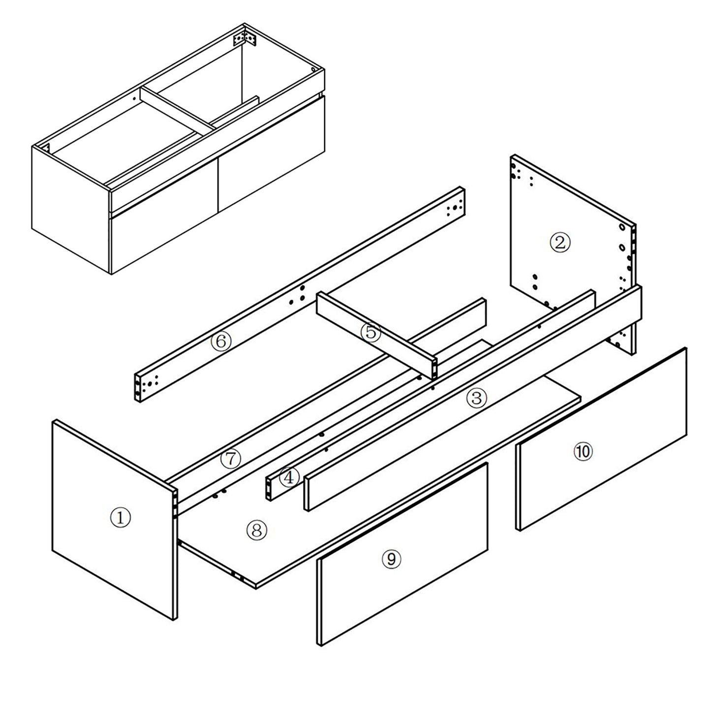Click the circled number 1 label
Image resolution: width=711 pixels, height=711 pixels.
click(121, 517)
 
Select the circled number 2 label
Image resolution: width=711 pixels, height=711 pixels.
click(560, 242)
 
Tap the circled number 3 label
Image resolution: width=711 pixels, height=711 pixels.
click(476, 398)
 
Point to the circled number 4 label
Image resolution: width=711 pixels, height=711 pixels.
click(289, 476)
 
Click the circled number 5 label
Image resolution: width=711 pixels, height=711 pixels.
click(371, 333)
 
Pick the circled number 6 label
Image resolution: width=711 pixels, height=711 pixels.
click(221, 341)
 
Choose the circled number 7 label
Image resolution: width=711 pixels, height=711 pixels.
click(230, 459)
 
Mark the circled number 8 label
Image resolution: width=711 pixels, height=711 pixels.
click(256, 529)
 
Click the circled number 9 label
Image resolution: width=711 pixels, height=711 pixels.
click(391, 558)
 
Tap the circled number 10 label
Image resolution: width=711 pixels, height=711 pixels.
click(583, 452)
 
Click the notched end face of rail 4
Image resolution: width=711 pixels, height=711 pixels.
click(269, 488)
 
